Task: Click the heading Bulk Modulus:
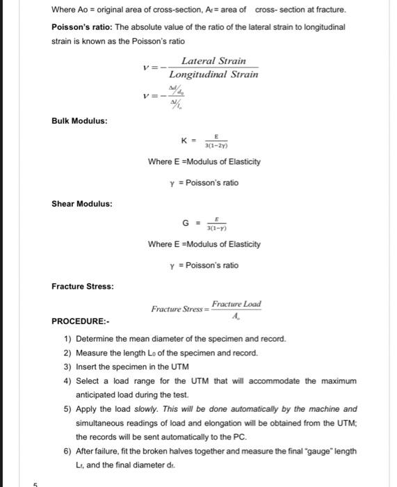(x=79, y=121)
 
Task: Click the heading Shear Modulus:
(x=82, y=204)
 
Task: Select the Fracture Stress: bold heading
(x=83, y=286)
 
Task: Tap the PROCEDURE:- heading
(x=81, y=321)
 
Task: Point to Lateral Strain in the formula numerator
(x=213, y=61)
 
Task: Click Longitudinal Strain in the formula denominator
(x=214, y=74)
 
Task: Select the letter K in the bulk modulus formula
(x=184, y=141)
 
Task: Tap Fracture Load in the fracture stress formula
(x=236, y=304)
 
